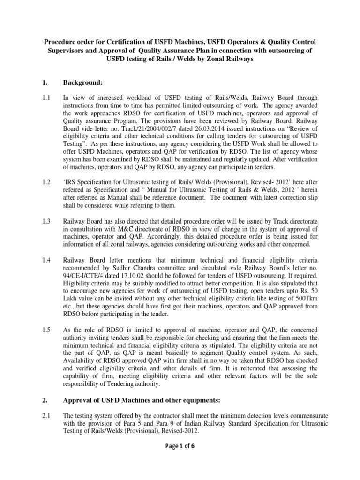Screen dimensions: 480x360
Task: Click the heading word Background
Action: [83, 82]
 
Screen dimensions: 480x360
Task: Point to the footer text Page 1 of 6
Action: [180, 445]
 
